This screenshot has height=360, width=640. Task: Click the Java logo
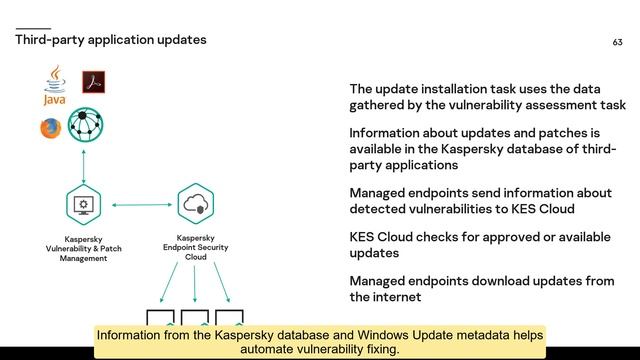[x=54, y=87]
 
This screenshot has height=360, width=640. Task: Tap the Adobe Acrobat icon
[x=94, y=83]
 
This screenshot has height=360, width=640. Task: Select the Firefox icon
[x=50, y=128]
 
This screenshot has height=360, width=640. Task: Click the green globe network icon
[x=85, y=126]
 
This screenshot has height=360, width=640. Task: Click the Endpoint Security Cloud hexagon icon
[x=195, y=205]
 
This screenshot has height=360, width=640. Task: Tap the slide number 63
[x=617, y=42]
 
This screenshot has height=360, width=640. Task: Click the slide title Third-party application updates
[x=111, y=40]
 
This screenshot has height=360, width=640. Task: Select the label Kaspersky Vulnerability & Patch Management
[x=85, y=249]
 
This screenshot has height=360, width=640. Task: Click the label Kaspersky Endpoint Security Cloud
[x=195, y=248]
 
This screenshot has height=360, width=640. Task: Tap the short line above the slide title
[x=33, y=28]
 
